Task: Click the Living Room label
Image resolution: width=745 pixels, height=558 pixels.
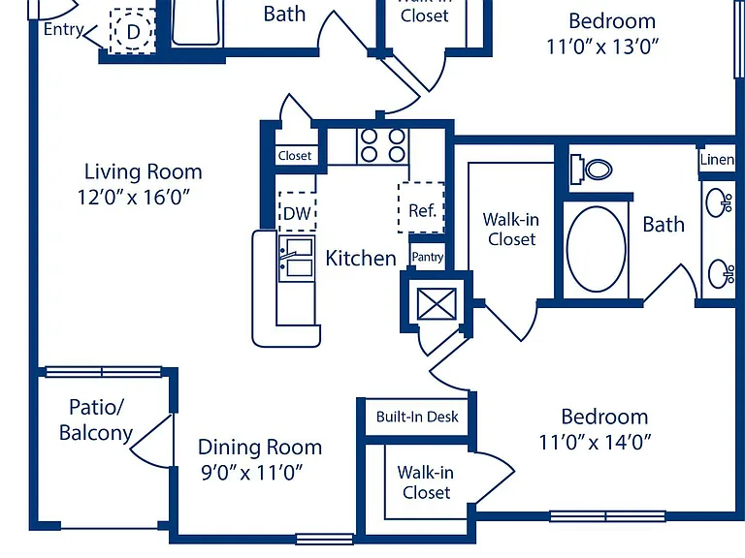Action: click(143, 171)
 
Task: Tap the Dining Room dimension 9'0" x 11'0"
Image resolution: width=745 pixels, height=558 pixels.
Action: click(252, 473)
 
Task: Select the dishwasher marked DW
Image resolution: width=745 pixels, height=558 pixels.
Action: click(298, 212)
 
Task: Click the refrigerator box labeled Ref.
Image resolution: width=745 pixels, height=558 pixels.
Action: click(421, 208)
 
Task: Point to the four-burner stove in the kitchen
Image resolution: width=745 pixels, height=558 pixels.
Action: click(382, 145)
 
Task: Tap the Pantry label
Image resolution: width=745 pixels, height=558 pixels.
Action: click(428, 257)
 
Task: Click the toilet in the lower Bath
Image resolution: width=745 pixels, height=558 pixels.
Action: click(591, 169)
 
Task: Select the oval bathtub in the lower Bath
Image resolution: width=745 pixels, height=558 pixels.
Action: click(597, 249)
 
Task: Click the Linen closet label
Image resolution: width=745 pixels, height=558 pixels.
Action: click(717, 160)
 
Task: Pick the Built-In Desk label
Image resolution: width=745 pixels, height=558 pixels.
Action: click(417, 417)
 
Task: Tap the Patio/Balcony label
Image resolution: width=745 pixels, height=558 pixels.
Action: click(96, 419)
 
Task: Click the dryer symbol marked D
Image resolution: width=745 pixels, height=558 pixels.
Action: click(133, 31)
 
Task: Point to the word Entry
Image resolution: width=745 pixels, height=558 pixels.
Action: click(64, 29)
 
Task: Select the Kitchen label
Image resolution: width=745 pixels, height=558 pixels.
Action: click(361, 258)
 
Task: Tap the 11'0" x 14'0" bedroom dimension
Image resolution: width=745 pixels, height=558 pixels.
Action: click(595, 442)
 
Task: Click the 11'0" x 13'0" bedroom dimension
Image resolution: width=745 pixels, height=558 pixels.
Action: click(602, 46)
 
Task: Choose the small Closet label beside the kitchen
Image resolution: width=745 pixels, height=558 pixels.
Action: click(295, 156)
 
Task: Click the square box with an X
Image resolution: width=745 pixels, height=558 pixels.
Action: click(437, 303)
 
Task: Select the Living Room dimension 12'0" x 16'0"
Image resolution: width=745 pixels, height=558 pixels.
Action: click(134, 197)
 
